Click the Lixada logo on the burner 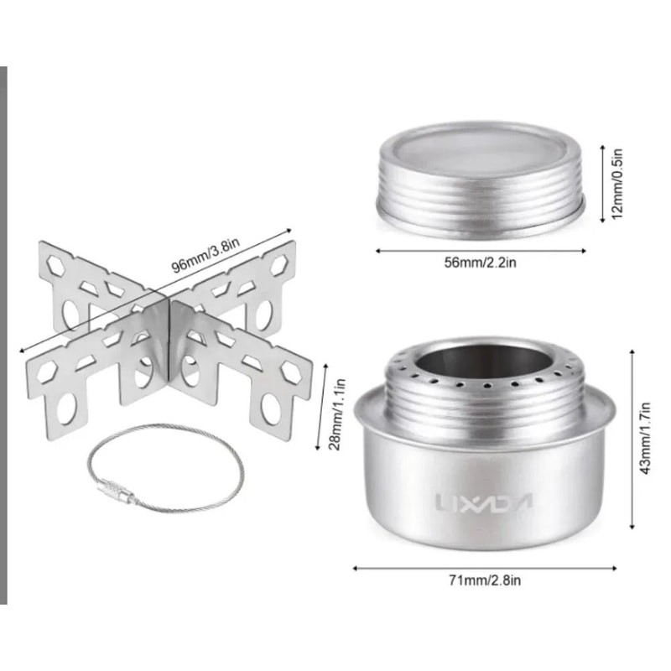[x=485, y=502]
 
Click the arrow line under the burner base [x=484, y=567]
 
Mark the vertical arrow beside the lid [x=602, y=183]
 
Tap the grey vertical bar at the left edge [x=3, y=335]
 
